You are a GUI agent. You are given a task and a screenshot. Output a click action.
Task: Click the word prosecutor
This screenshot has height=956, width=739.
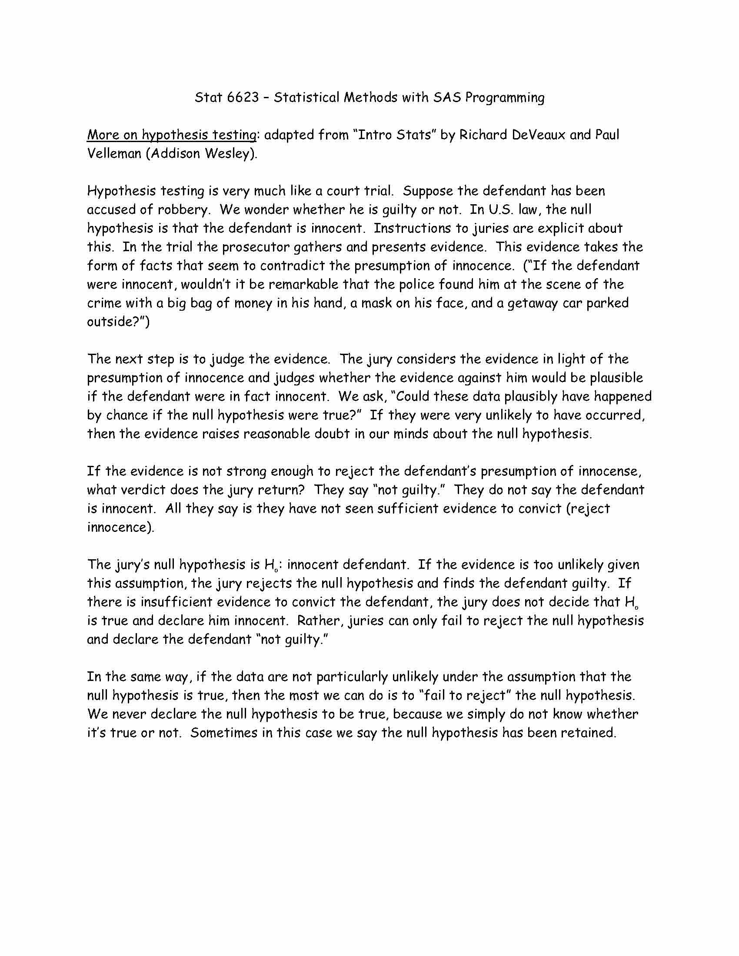[254, 247]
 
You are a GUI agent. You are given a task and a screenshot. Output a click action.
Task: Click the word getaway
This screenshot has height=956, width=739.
[533, 303]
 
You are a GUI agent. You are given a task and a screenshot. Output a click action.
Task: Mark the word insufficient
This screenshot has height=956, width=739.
[176, 602]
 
